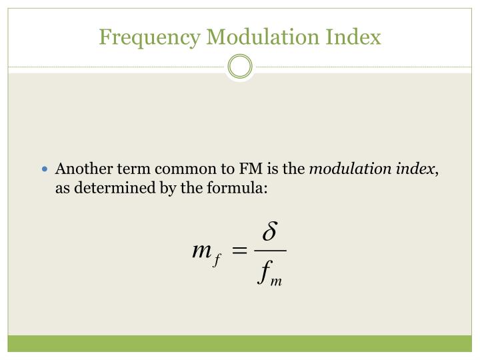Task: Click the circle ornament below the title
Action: tap(240, 67)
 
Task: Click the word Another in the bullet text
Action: tap(81, 169)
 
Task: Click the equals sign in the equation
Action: tap(240, 251)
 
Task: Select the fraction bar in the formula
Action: tap(269, 251)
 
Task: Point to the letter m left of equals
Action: tap(201, 250)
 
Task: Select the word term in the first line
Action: tap(123, 169)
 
